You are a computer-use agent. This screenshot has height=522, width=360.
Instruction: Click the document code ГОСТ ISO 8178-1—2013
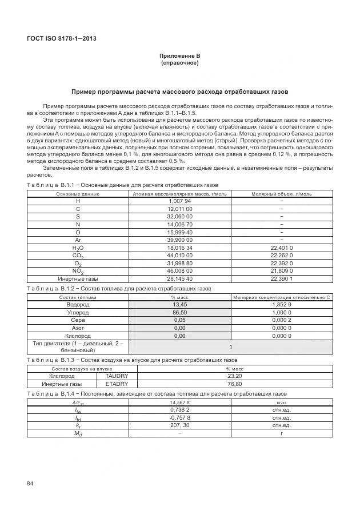coord(61,38)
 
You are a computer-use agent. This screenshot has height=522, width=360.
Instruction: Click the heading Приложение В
coord(180,55)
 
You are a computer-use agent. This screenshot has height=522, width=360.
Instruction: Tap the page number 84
coord(30,484)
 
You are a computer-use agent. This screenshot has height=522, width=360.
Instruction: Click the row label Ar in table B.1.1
coord(78,240)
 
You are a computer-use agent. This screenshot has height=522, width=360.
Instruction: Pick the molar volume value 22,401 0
coord(281,248)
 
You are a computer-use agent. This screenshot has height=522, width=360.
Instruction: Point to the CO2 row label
coord(78,256)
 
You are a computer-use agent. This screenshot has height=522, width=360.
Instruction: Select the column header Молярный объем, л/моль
coord(281,194)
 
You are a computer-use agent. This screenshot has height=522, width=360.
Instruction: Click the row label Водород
coord(78,305)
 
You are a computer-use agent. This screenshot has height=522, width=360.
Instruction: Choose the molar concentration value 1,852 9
coord(281,305)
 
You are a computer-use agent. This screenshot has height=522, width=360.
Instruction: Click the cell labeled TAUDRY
coord(117,376)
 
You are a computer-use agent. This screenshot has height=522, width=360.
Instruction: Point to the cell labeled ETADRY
coord(117,384)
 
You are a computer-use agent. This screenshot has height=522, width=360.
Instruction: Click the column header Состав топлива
coord(78,297)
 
